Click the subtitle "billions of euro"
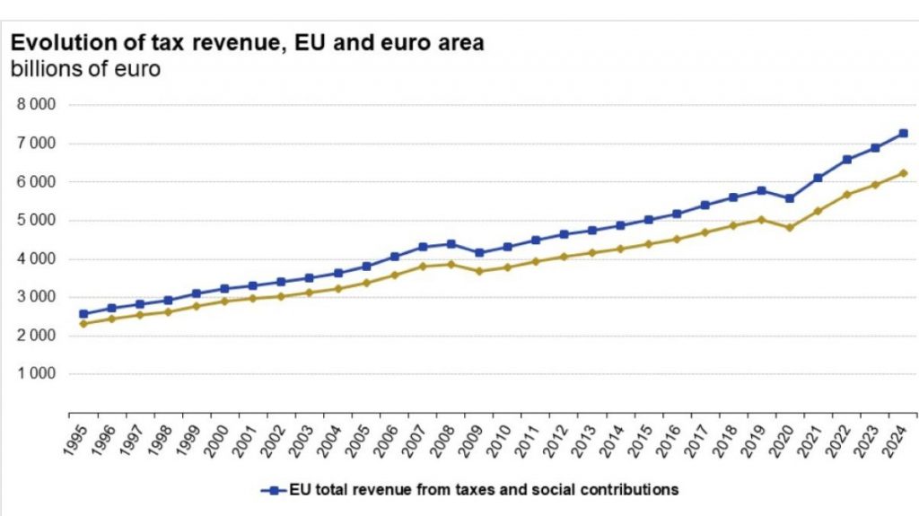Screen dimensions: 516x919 [85, 69]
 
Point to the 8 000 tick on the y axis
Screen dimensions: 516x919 [37, 105]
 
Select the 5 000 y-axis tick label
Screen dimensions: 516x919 [37, 220]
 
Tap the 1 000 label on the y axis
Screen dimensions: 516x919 [37, 374]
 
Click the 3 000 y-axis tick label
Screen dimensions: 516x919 [37, 297]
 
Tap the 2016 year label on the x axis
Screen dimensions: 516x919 [673, 440]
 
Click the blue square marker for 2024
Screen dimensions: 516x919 [904, 134]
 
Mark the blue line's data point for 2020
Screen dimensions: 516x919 [790, 198]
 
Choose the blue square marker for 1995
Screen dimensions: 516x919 [83, 314]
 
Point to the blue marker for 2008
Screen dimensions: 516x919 [451, 244]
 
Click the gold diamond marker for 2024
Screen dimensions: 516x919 [904, 173]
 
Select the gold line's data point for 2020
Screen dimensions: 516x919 [790, 228]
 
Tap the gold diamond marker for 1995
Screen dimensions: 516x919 [83, 324]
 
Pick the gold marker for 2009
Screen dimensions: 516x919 [479, 271]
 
